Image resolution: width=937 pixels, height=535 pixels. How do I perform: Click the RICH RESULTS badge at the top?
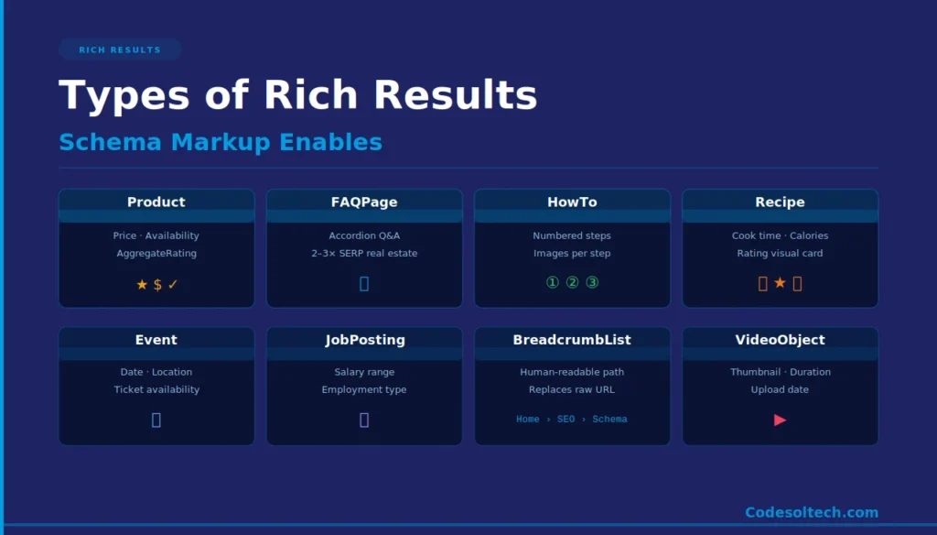(120, 49)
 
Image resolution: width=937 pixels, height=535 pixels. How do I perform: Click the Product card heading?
(156, 202)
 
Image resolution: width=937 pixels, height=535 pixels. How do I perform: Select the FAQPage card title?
(364, 202)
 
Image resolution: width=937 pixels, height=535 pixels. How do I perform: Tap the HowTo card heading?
(572, 202)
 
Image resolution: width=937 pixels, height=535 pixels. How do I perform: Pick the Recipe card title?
(780, 202)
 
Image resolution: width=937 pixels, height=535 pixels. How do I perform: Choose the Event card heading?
(156, 340)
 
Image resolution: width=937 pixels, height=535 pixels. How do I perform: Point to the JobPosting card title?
(364, 340)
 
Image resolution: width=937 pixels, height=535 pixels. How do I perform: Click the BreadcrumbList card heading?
(572, 340)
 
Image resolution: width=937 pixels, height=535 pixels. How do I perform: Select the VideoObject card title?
(780, 340)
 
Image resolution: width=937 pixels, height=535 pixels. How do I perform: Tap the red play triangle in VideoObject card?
(780, 420)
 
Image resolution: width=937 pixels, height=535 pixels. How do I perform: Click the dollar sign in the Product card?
(157, 285)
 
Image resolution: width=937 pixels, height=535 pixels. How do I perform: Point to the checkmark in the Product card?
(173, 285)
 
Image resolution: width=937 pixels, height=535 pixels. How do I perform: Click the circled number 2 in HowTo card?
(572, 282)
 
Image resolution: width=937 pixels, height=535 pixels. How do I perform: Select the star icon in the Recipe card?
(780, 283)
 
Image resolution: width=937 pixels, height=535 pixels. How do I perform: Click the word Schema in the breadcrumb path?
(609, 420)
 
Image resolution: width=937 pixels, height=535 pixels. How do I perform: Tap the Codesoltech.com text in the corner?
(811, 513)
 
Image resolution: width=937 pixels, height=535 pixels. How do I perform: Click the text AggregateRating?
(156, 253)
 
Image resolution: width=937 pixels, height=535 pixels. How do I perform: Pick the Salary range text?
(364, 372)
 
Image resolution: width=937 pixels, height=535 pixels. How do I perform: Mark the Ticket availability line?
(156, 389)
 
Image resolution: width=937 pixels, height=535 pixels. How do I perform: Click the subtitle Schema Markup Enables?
(221, 142)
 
